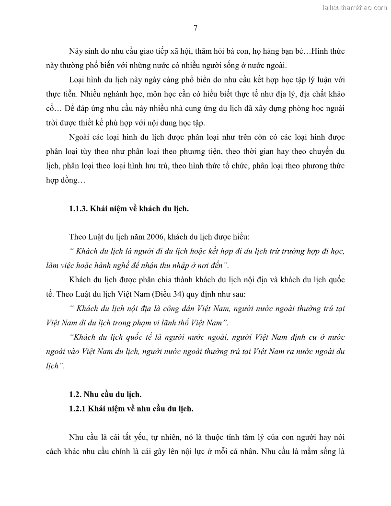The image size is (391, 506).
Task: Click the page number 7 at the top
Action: [195, 27]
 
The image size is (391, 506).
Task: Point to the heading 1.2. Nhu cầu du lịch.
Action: [105, 395]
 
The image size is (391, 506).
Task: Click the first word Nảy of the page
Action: [76, 51]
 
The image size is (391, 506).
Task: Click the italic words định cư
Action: [294, 337]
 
